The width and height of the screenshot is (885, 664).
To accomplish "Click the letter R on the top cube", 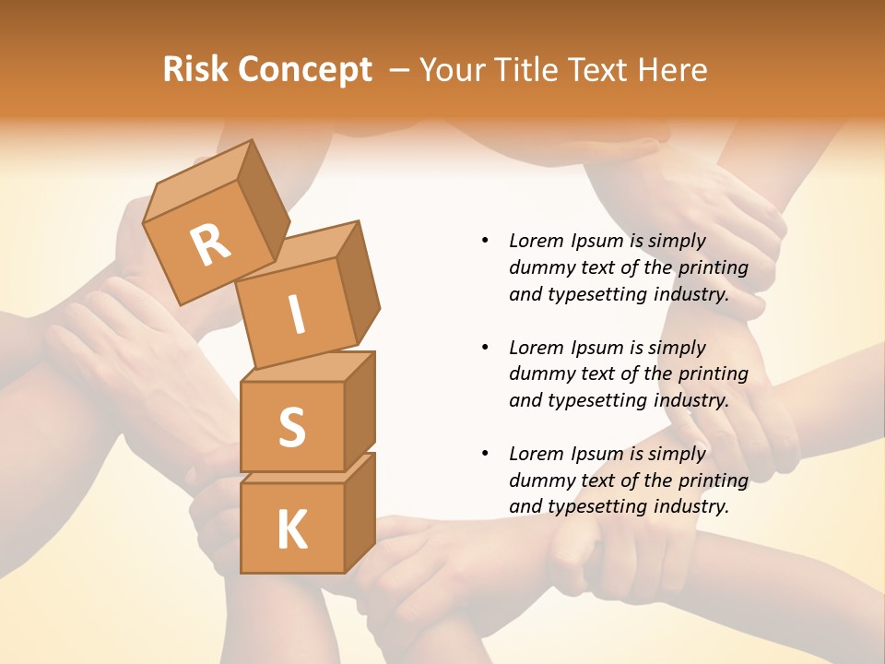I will pos(210,244).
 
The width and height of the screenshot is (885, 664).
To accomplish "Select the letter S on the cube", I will pos(291,427).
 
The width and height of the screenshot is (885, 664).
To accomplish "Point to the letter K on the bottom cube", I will pos(291,530).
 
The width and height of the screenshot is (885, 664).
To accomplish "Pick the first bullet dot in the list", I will pos(486,242).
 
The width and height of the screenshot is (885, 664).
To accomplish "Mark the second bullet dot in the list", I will pos(486,349).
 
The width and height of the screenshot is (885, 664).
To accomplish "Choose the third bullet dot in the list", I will pos(486,455).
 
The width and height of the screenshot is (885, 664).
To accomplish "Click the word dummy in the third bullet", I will pos(539,480).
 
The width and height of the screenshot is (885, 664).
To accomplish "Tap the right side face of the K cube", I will pos(360,512).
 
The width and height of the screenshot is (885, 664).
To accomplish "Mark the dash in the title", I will pos(400,70).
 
